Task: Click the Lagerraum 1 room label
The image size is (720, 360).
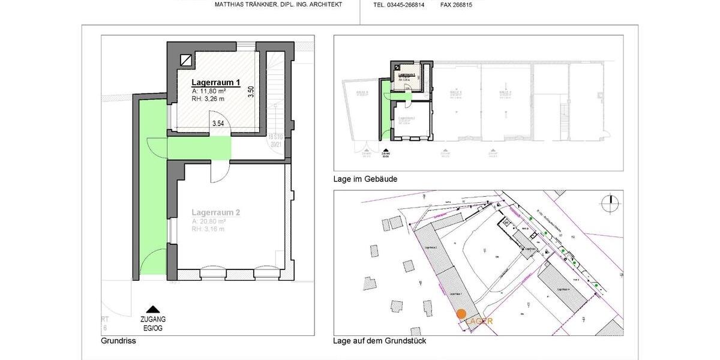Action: pos(216,82)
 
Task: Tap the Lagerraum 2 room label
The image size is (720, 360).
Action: pos(216,212)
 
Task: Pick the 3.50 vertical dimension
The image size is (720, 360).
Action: pos(251,92)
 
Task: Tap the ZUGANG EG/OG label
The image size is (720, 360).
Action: pos(153,324)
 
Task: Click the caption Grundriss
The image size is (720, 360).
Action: pos(118,341)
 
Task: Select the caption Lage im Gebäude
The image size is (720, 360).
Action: pos(365,179)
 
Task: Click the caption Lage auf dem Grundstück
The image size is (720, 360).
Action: pos(380,341)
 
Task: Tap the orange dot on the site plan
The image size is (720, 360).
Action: pos(461,314)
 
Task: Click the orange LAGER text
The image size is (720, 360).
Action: pos(480,321)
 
